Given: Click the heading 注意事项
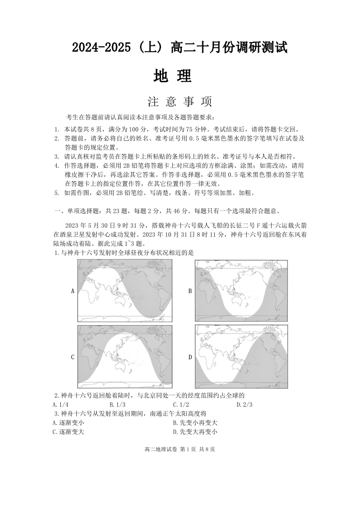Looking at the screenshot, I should pos(180,101).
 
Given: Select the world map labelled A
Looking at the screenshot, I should pos(125,290).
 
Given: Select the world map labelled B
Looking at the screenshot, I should pos(241,290).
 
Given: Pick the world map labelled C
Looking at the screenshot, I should pos(125,357).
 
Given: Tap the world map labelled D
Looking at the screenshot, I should pos(241,357).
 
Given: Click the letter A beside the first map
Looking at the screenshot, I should pos(73,291).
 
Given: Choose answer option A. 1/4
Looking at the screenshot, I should pos(61,405).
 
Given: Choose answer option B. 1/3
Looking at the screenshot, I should pos(117,405).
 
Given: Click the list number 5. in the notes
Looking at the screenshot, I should pos(57,193).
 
